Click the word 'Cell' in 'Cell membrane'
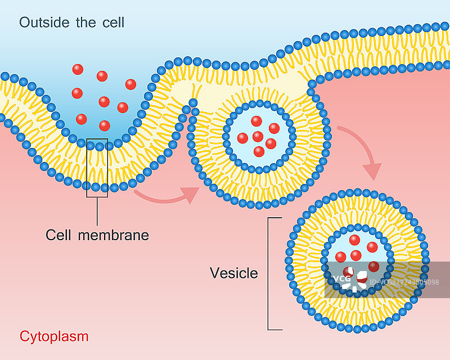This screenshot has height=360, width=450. [57, 235]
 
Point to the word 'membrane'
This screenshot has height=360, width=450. [114, 235]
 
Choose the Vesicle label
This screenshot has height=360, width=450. [233, 273]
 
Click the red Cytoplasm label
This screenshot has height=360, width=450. [54, 336]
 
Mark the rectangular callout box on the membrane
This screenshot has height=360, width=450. [97, 168]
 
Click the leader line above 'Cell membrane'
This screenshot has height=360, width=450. [97, 211]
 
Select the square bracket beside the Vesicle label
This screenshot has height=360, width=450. [270, 273]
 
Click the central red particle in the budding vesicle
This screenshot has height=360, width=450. [258, 137]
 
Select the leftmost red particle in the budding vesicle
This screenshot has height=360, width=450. [242, 138]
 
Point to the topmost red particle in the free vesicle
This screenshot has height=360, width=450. [355, 240]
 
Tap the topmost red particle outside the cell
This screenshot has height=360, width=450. [78, 69]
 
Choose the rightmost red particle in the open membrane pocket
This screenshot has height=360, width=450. [130, 84]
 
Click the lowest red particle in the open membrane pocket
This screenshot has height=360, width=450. [104, 125]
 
